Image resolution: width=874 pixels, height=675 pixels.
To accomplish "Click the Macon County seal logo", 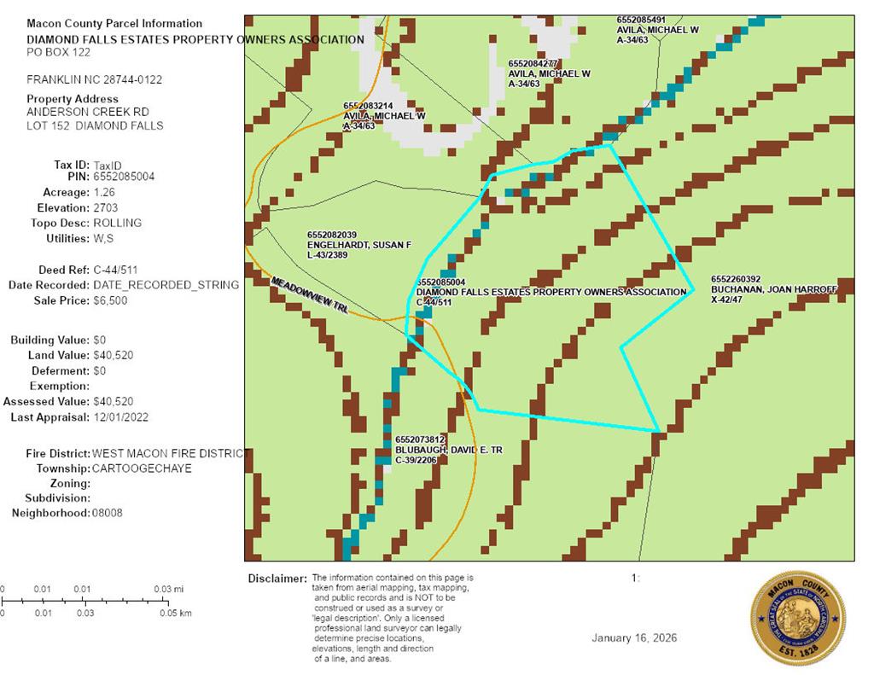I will (797, 617).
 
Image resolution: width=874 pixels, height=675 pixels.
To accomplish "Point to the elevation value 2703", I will (106, 207).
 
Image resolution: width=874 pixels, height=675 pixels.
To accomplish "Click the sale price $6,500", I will (111, 300).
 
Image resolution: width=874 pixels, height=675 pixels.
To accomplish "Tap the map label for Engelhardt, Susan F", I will (358, 245).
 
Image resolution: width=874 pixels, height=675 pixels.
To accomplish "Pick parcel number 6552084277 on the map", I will (533, 63).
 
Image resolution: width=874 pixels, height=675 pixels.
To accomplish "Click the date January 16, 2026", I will (635, 638).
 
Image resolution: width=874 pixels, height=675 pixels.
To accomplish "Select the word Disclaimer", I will (277, 579).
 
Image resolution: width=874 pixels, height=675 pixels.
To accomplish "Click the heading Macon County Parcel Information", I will (114, 23).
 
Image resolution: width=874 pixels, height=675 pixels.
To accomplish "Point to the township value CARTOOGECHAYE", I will (142, 468).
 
